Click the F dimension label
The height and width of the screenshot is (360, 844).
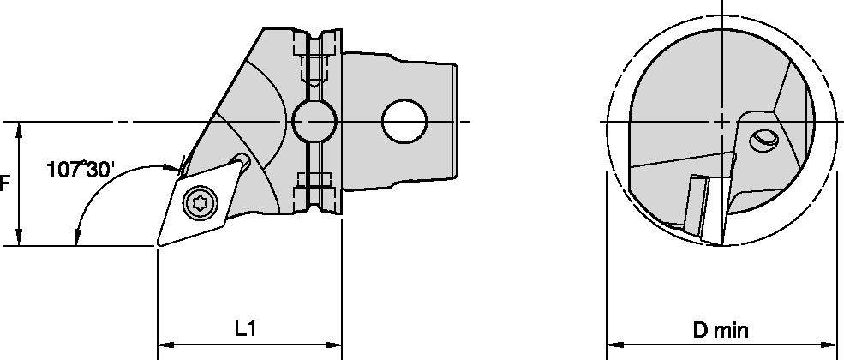tap(5, 183)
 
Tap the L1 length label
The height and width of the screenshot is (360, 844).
tap(248, 328)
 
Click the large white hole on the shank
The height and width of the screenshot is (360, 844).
tap(404, 121)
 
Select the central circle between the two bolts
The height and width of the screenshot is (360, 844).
tap(313, 122)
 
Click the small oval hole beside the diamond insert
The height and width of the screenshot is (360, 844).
tap(244, 161)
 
